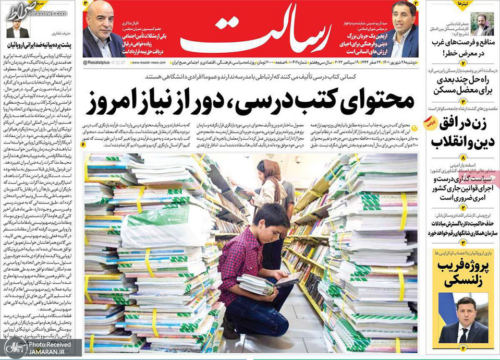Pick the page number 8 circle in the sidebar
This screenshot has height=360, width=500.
pyautogui.click(x=462, y=158)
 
